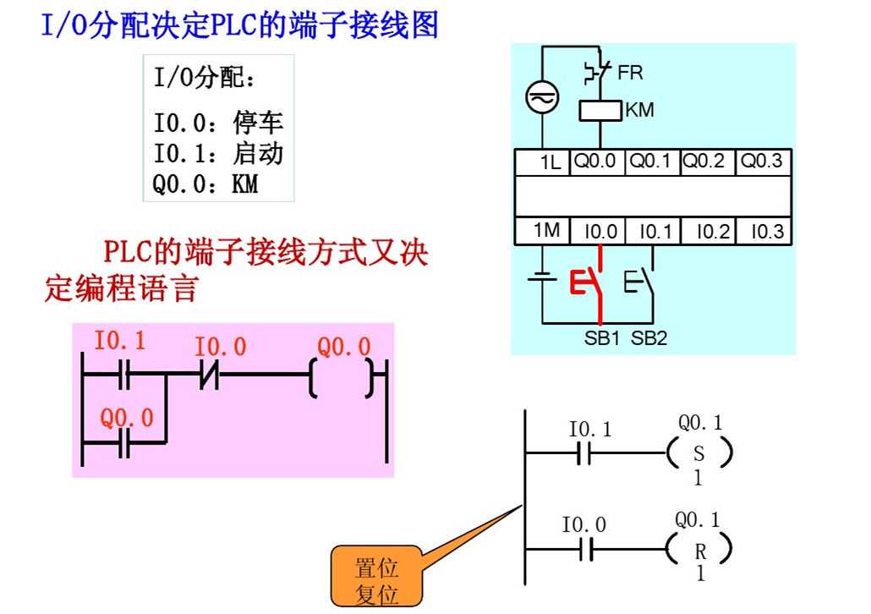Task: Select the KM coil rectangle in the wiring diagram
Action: pos(600,111)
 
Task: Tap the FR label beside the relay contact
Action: pos(630,73)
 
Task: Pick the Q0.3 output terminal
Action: pos(762,162)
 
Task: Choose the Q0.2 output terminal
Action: pos(704,162)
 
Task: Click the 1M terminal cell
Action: pos(546,231)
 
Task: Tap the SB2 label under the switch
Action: pos(649,339)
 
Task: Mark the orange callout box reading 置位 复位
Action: pos(376,579)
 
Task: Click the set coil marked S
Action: pos(698,455)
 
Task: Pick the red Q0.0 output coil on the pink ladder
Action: pos(342,377)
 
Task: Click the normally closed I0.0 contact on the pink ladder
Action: pos(209,373)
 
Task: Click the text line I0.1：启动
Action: pos(218,153)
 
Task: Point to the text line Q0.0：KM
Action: pos(205,183)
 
